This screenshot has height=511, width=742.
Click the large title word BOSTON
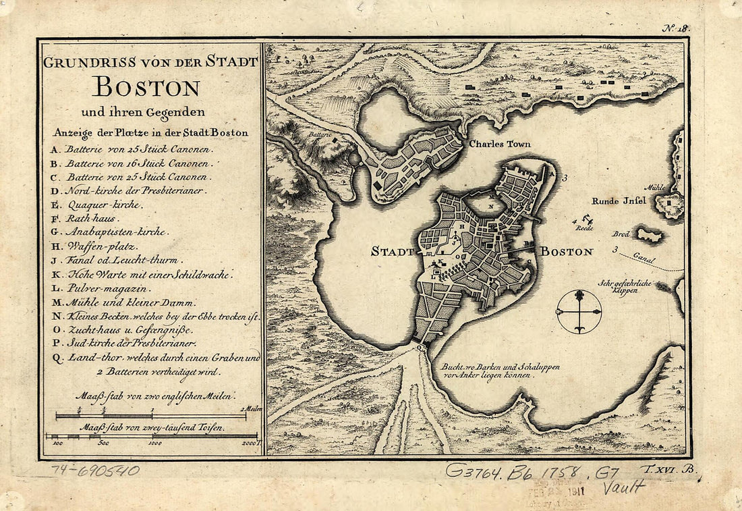point(146,87)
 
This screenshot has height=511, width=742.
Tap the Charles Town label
point(500,144)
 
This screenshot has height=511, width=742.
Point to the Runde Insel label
point(619,200)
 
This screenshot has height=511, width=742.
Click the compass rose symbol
point(579,311)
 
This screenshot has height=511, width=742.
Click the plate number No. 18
point(674,28)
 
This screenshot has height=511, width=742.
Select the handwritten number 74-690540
point(95,470)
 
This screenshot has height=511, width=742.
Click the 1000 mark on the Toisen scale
point(154,443)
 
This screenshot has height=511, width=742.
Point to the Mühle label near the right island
point(654,188)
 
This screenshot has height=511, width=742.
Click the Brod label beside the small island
point(621,234)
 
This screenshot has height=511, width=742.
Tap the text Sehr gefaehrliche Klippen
point(624,288)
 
